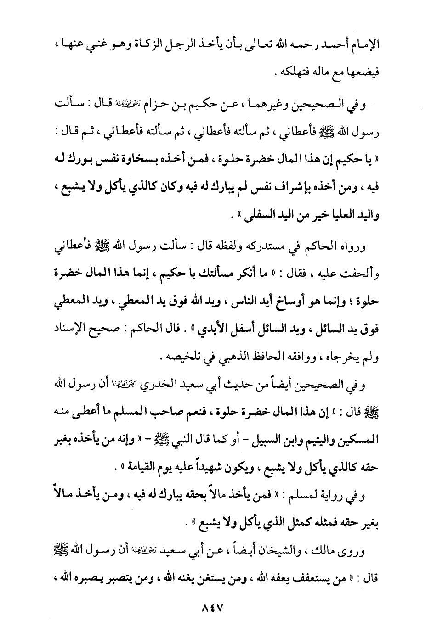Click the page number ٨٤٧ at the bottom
(x=212, y=609)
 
